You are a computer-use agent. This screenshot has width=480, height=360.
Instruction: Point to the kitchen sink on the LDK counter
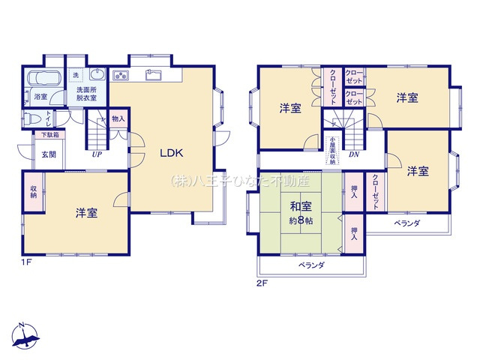click(x=154, y=74)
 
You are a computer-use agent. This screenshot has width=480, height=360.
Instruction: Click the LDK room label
click(x=172, y=152)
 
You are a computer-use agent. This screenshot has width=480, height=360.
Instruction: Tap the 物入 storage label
click(x=118, y=119)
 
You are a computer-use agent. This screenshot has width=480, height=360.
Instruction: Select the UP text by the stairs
click(x=97, y=154)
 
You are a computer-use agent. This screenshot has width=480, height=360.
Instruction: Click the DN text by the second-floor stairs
click(x=353, y=155)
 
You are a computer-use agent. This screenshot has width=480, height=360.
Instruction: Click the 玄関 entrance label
click(x=48, y=154)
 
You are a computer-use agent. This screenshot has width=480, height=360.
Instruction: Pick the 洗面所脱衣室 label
click(x=91, y=94)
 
